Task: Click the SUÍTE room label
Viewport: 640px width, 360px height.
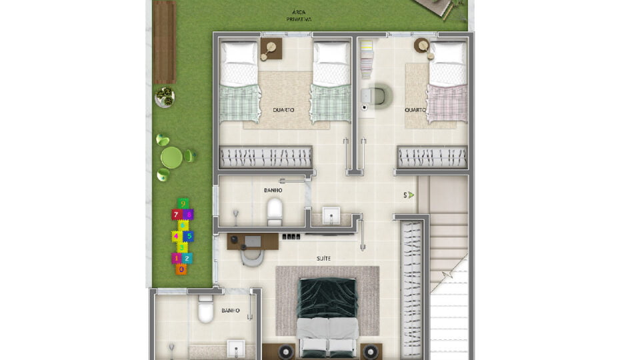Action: pos(324,259)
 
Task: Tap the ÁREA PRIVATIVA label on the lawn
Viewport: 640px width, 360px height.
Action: pos(299,16)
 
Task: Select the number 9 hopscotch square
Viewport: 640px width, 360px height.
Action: pos(183,203)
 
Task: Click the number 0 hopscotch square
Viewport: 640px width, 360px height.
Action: pos(181,269)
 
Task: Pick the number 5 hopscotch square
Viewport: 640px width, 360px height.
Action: pos(189,236)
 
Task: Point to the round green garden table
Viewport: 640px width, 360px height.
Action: pos(171,157)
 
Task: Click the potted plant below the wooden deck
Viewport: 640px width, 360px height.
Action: pos(165,97)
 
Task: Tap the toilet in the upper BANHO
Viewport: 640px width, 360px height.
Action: pos(274,211)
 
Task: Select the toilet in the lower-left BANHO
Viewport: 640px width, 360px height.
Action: pos(205,309)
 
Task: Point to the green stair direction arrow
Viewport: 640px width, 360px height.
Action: pos(411,195)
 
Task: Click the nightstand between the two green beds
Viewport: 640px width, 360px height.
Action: pos(271,49)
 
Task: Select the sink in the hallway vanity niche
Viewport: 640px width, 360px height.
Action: pos(331,215)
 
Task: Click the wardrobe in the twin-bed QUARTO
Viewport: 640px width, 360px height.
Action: pos(266,157)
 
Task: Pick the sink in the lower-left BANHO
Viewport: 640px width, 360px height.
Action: pos(236,348)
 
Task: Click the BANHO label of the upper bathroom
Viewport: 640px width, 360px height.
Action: pos(273,190)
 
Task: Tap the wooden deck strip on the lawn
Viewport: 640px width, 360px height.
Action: pos(164,42)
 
